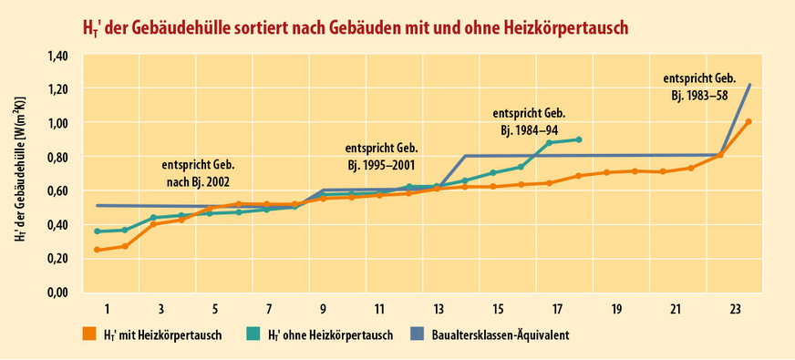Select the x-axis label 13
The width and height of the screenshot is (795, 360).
(439, 309)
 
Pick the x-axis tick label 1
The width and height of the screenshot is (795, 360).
(107, 309)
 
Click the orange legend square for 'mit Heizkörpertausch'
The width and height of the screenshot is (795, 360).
(88, 334)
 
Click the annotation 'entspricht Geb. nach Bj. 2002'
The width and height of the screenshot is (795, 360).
(199, 173)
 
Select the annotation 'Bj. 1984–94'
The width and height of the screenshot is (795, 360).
(530, 129)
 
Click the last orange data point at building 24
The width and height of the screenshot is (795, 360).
(749, 121)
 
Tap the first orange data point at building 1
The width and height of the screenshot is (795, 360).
(97, 250)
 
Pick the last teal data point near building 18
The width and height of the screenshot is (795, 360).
(579, 139)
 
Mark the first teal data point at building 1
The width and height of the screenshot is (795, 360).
(97, 231)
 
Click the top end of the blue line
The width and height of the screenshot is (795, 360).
(749, 85)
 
